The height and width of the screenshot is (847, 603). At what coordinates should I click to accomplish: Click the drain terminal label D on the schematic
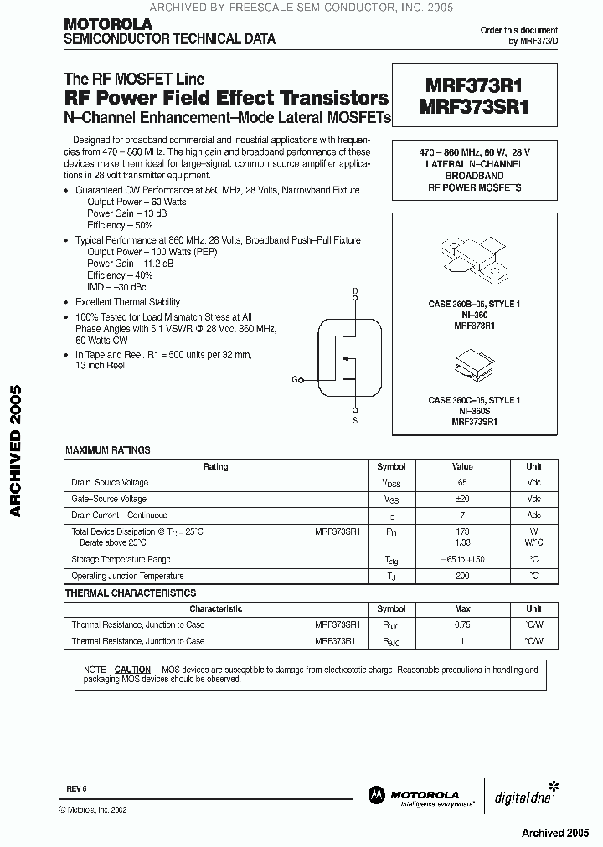pyautogui.click(x=354, y=291)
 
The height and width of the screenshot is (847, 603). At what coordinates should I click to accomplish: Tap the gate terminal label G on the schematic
pyautogui.click(x=295, y=380)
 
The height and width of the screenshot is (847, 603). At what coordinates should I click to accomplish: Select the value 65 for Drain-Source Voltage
pyautogui.click(x=462, y=483)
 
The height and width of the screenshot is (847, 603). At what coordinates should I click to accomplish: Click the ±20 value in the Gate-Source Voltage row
pyautogui.click(x=462, y=499)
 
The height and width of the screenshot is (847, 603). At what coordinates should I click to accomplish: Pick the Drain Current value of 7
pyautogui.click(x=462, y=515)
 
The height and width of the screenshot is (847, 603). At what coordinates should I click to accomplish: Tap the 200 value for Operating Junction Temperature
pyautogui.click(x=462, y=576)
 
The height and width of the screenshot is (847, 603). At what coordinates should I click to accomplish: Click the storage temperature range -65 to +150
pyautogui.click(x=462, y=559)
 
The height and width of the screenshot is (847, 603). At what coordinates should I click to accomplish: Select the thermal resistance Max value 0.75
pyautogui.click(x=462, y=624)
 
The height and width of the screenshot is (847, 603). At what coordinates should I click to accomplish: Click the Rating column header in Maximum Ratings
pyautogui.click(x=216, y=467)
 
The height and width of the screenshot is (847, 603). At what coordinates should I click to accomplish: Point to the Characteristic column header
pyautogui.click(x=216, y=609)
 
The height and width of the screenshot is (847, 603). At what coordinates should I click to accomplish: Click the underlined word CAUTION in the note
pyautogui.click(x=132, y=670)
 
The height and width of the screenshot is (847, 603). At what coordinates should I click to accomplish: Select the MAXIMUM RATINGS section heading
pyautogui.click(x=108, y=450)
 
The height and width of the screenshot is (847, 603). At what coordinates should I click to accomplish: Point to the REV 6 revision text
pyautogui.click(x=76, y=789)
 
